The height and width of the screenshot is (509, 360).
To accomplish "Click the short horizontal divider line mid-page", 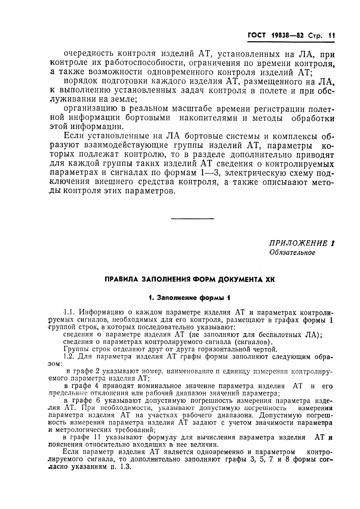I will (x=192, y=218).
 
